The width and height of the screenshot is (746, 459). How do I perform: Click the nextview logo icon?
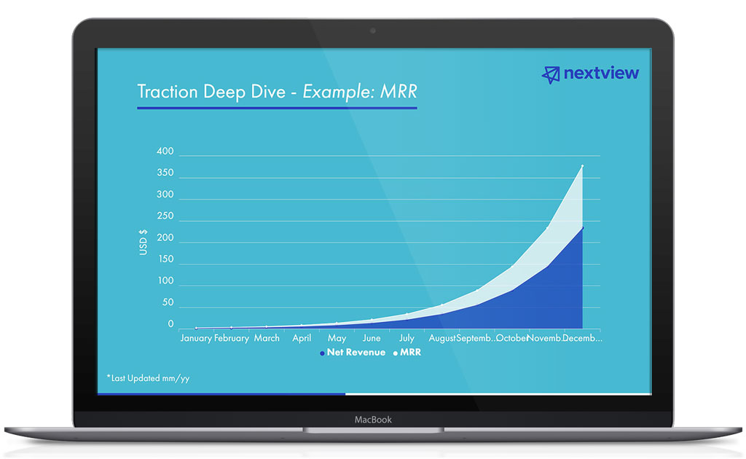click(551, 74)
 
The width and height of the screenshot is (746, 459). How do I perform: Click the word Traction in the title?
click(168, 93)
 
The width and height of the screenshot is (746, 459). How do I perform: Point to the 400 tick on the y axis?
click(165, 152)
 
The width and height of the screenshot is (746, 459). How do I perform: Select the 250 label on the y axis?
click(165, 216)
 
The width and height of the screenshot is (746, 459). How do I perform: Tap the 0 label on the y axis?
click(171, 323)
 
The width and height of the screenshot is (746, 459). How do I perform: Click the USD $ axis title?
click(144, 242)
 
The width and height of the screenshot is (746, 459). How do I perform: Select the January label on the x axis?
click(196, 338)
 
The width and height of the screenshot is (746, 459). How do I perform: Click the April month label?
click(302, 338)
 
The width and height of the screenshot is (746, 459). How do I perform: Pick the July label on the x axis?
click(407, 338)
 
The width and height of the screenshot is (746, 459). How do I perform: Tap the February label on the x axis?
click(232, 338)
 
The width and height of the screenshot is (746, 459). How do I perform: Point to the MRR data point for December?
click(581, 167)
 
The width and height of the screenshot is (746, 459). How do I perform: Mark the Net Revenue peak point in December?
click(581, 228)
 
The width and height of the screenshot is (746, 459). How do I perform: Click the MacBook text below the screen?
click(373, 420)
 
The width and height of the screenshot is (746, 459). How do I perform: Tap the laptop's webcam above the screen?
click(373, 31)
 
